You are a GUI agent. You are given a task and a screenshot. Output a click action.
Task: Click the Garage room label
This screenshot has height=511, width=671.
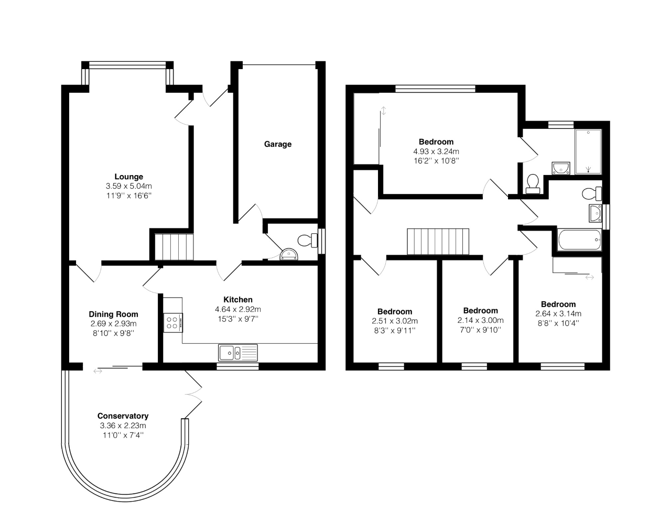277,144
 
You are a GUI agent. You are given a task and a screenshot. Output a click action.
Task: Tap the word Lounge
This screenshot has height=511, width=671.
129,177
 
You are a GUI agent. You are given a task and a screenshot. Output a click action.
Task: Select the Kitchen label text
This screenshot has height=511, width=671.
238,300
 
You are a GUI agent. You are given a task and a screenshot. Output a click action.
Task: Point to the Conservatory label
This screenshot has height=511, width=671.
123,416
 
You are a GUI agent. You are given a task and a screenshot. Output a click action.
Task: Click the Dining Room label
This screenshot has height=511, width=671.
113,314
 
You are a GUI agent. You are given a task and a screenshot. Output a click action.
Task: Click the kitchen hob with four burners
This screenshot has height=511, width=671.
173,322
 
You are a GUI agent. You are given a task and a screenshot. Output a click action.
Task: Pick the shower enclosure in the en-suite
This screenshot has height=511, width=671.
590,151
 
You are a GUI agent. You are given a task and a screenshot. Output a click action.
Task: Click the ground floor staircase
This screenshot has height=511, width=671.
174,247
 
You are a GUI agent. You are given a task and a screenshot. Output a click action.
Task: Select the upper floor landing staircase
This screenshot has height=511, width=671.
438,241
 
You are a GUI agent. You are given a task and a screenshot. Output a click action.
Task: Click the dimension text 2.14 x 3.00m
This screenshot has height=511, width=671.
480,320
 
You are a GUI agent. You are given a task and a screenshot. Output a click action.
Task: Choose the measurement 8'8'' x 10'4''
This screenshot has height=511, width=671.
558,323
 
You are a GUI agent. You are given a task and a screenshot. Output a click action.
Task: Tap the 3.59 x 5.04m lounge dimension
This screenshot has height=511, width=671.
129,186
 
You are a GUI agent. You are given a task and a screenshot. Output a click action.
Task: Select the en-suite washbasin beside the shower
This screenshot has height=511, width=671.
561,168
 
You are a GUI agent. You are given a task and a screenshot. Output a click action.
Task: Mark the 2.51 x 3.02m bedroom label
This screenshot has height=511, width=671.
395,321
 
